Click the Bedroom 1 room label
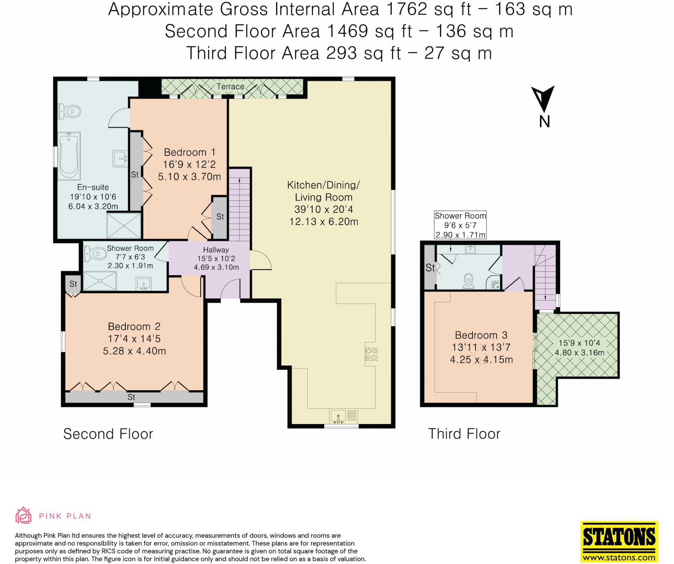[190, 152]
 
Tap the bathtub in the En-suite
[69, 156]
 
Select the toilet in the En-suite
[70, 112]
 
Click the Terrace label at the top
[230, 87]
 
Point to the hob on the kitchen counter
[371, 355]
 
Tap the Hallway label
[216, 250]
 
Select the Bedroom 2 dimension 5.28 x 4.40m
[134, 351]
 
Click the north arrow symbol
[543, 100]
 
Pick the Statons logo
[619, 536]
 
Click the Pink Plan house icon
[23, 515]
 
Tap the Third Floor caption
[464, 434]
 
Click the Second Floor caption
[108, 434]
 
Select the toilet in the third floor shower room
[468, 282]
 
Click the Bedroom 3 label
[481, 335]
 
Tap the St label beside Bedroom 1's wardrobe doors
[135, 175]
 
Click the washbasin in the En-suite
[120, 159]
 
